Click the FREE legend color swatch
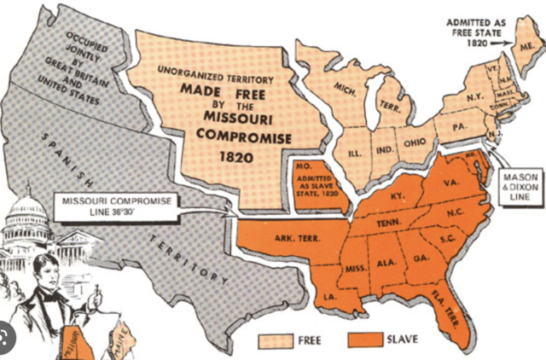279,341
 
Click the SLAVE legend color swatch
362,341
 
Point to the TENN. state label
388,222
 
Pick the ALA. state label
386,263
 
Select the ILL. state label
354,154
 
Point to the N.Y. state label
475,97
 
